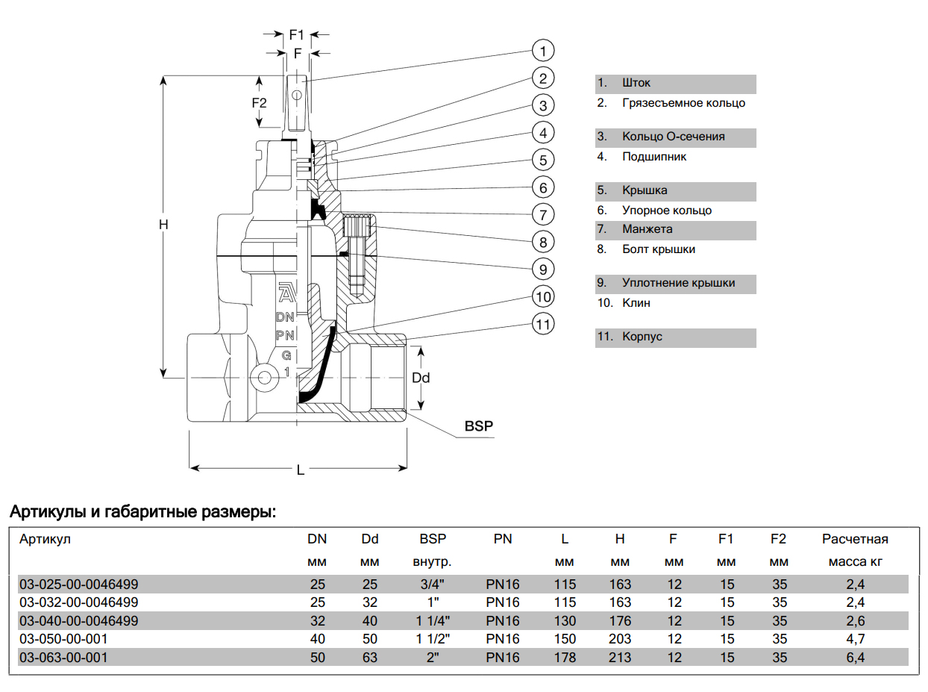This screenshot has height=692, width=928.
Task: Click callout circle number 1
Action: [543, 51]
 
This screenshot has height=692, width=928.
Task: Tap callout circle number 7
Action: [543, 214]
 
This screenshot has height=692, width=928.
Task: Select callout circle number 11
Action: [543, 324]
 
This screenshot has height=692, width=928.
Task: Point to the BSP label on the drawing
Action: [479, 426]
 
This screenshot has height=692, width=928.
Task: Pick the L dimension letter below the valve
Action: [300, 470]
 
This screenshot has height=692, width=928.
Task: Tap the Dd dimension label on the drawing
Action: [421, 378]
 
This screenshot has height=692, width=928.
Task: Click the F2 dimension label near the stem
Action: [259, 102]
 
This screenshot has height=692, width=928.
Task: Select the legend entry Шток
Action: [636, 83]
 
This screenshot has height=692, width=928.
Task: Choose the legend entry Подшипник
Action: [654, 157]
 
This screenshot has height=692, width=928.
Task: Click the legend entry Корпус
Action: [642, 337]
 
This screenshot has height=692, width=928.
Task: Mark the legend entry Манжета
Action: [647, 229]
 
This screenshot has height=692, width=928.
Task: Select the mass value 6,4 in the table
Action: [855, 658]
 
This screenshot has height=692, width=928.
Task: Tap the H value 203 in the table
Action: [619, 639]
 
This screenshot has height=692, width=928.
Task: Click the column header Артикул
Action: [45, 539]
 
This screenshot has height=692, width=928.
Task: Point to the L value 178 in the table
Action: [565, 658]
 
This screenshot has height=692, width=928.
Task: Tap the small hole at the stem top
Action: [297, 96]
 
